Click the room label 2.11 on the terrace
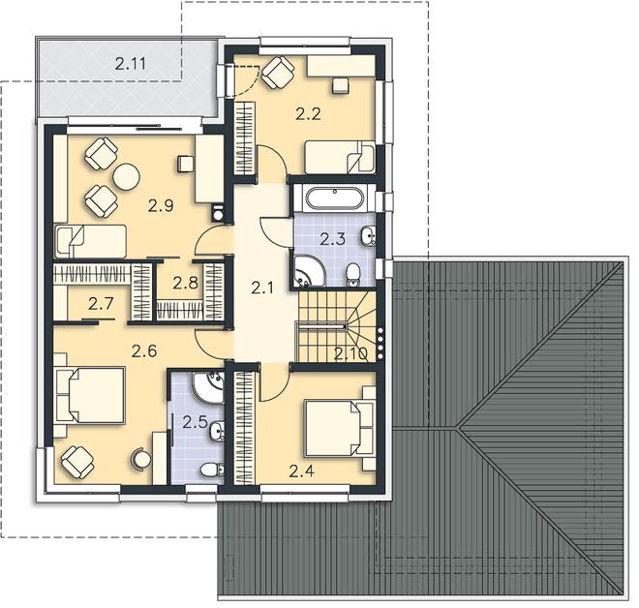click(x=130, y=64)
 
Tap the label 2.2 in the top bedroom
click(x=308, y=114)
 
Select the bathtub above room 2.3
click(x=333, y=198)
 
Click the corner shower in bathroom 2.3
click(x=309, y=270)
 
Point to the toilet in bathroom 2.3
click(x=352, y=274)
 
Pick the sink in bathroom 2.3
click(x=368, y=236)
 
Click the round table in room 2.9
click(x=126, y=176)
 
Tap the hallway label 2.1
click(x=262, y=289)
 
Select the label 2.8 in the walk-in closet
click(x=186, y=283)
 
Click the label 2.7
click(x=101, y=304)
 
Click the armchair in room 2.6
click(x=77, y=462)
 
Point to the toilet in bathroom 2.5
click(x=212, y=470)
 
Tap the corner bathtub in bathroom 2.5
click(x=208, y=386)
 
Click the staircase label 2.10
click(x=350, y=353)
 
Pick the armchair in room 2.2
click(x=278, y=73)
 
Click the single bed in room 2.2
click(x=340, y=157)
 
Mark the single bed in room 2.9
click(x=90, y=241)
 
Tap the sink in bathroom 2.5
click(x=217, y=431)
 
